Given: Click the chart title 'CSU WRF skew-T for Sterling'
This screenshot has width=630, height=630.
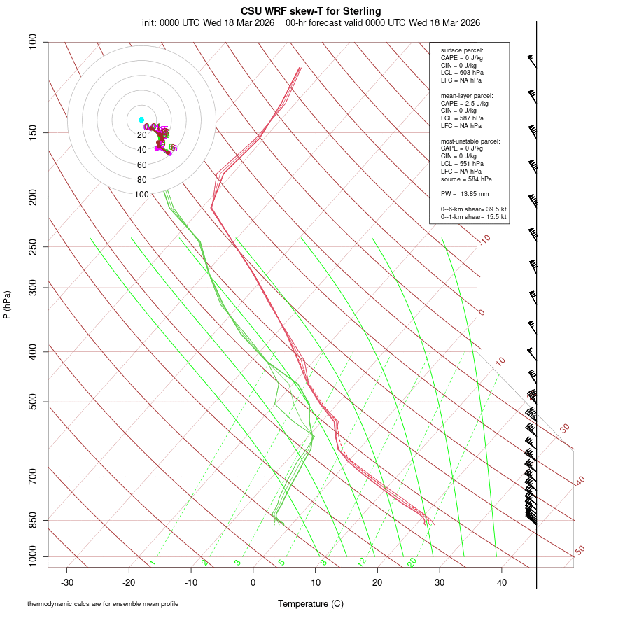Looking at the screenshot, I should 311,11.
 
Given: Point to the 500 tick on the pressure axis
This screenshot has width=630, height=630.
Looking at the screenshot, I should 34,402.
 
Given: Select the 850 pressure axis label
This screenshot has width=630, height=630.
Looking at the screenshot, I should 34,520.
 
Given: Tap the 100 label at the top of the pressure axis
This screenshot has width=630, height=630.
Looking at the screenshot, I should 34,42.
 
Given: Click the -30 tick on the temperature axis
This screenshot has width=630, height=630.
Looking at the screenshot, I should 67,582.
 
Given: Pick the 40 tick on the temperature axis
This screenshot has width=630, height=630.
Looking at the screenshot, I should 502,582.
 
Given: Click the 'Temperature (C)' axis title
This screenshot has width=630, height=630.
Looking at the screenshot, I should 311,603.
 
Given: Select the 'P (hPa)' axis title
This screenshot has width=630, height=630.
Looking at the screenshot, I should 7,304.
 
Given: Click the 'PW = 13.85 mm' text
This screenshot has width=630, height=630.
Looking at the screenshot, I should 465,193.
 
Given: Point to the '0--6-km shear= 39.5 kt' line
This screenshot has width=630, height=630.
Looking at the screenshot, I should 473,209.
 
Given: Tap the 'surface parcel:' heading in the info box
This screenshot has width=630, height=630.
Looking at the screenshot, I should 462,50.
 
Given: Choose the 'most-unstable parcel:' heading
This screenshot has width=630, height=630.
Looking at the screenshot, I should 470,141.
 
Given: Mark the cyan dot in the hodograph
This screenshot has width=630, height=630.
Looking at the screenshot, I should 141,120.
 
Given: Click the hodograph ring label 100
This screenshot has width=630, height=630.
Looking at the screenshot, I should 142,195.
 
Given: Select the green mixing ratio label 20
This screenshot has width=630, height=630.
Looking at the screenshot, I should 412,561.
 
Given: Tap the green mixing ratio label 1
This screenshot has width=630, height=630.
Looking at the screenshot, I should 152,563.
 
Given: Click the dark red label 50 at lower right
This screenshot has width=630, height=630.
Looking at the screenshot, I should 580,551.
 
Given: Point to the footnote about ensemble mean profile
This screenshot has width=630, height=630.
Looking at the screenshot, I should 103,604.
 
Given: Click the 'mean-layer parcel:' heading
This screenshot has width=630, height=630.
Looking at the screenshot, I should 467,96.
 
